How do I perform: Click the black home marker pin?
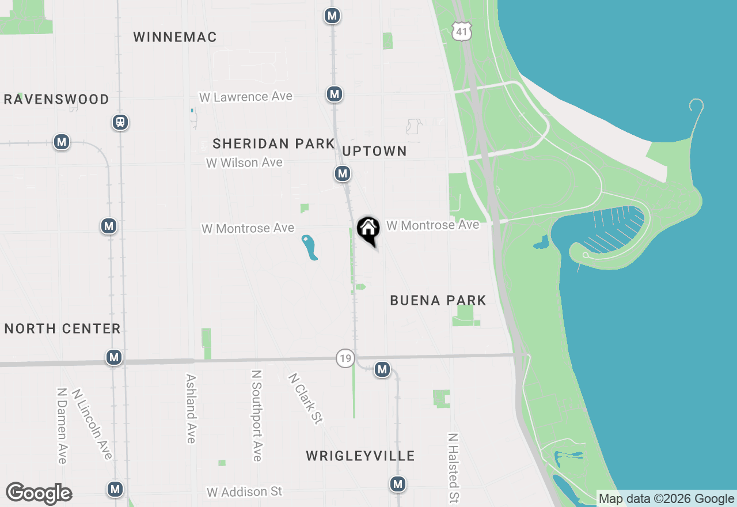click(368, 229)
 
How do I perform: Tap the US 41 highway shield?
click(462, 31)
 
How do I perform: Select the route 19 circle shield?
click(345, 359)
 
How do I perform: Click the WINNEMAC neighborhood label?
click(175, 37)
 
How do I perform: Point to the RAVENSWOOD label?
click(56, 100)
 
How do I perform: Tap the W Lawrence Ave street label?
click(246, 97)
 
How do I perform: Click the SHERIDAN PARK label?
click(273, 143)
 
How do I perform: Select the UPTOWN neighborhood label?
click(375, 151)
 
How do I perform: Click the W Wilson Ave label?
click(245, 163)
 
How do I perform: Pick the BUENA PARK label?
click(438, 300)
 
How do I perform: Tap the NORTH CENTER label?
click(63, 329)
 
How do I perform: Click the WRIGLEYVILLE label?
click(360, 456)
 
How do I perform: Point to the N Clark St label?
click(305, 399)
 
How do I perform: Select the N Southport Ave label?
click(257, 415)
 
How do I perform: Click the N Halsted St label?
click(454, 468)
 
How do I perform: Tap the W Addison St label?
click(245, 492)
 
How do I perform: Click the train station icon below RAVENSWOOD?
click(120, 122)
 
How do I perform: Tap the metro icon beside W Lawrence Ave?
click(335, 94)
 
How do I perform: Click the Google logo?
click(39, 494)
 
